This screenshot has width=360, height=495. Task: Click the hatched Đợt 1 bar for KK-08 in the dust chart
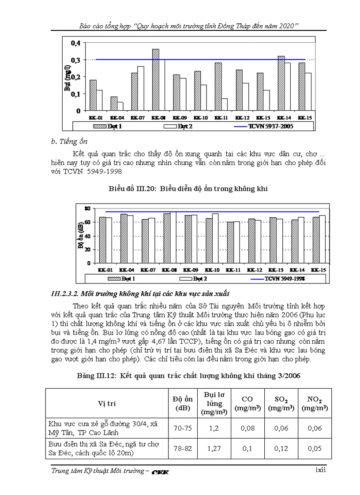pos(155,79)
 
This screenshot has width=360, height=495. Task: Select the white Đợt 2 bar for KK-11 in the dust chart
pos(224,104)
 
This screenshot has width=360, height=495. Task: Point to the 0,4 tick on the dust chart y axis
pos(76,43)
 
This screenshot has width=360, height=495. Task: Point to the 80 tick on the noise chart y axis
pos(87,208)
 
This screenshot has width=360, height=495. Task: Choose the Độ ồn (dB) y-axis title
pos(81,236)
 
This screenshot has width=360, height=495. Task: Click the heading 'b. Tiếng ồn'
pos(69,141)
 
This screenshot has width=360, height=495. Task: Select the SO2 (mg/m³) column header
pos(281,403)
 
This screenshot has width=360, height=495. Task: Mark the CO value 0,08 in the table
pos(247,428)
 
